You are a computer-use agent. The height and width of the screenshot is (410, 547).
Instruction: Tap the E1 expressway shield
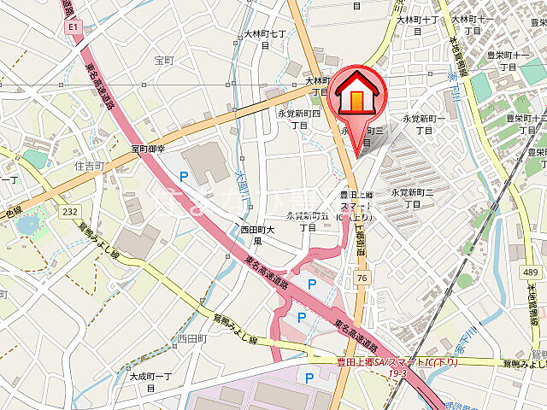coord(72,28)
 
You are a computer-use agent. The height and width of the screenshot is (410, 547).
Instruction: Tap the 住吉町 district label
coord(89,165)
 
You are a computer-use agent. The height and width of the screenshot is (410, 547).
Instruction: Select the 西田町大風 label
coord(256,235)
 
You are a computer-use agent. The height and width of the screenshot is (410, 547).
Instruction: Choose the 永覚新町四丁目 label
coord(298,119)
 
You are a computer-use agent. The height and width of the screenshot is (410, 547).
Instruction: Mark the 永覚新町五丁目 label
coord(307,221)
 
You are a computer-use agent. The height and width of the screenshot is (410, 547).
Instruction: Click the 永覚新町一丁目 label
coord(423,124)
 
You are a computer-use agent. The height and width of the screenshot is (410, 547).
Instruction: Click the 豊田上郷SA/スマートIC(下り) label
coord(397,361)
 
